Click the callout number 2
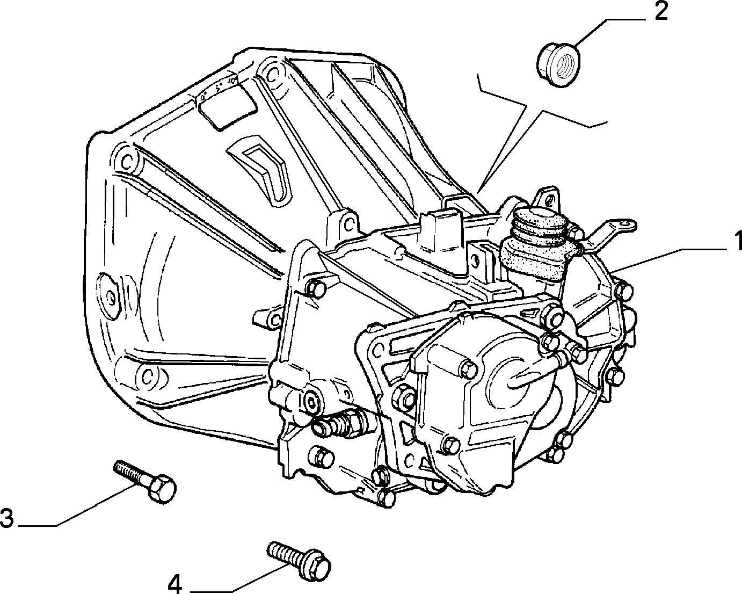661,12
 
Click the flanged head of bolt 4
316,570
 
